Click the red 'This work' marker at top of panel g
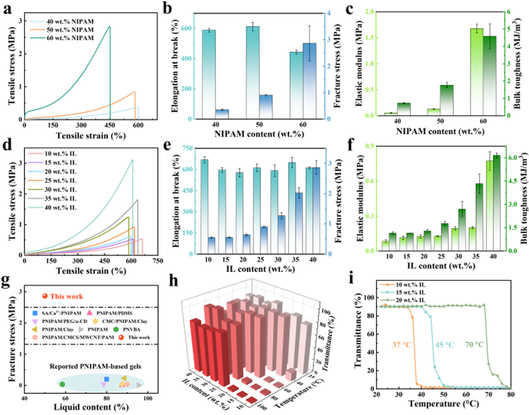pos(45,296)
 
